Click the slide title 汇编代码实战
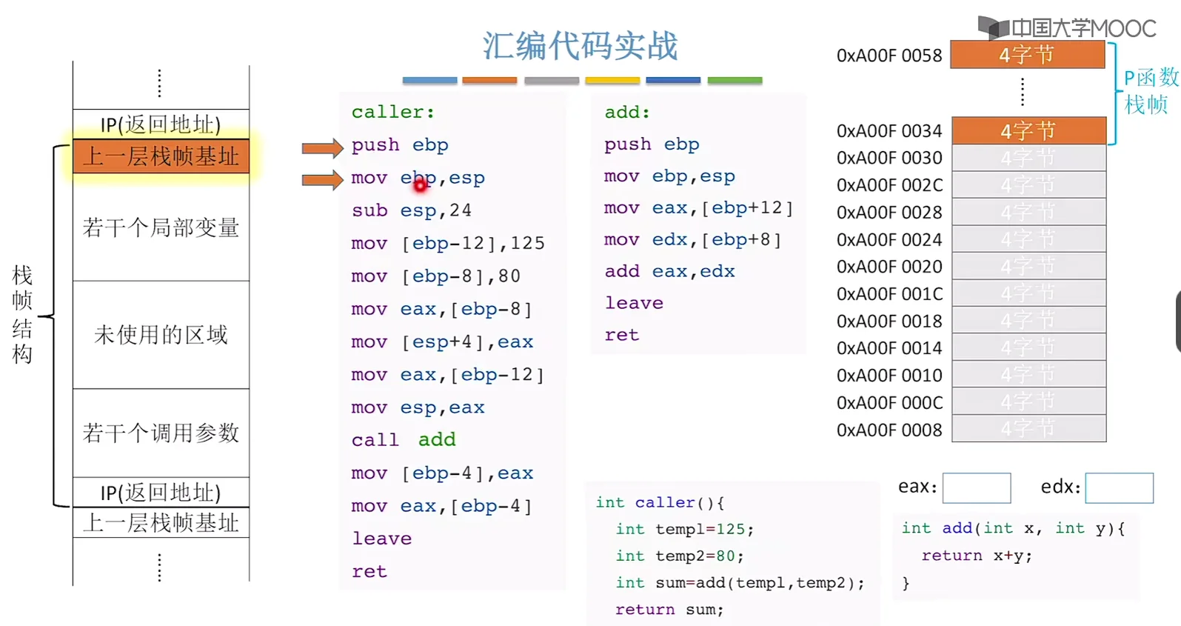point(580,45)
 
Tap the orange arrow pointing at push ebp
point(322,147)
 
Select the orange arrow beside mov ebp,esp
point(322,179)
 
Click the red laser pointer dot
point(421,185)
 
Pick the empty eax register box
point(976,488)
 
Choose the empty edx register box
point(1119,488)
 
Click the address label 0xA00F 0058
point(889,56)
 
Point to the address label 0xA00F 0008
point(889,430)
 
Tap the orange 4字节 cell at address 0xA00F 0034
point(1028,131)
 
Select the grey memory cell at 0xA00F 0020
point(1028,267)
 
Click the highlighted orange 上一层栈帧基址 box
point(161,156)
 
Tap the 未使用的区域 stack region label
point(161,335)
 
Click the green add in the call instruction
point(437,440)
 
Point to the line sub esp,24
point(411,210)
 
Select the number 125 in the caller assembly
point(527,244)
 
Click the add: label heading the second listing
point(626,113)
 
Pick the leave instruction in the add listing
point(634,303)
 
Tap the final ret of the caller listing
point(369,571)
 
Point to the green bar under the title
point(735,80)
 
